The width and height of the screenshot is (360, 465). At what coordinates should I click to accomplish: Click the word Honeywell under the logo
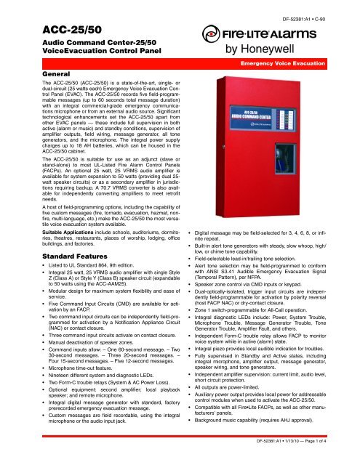coord(296,51)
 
